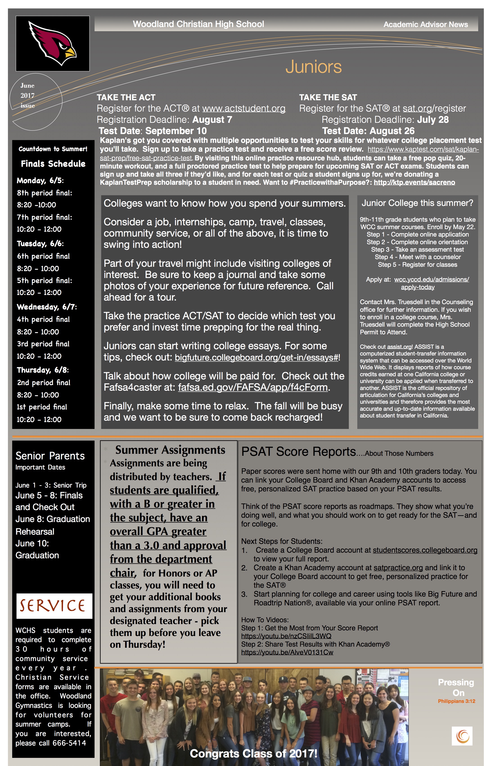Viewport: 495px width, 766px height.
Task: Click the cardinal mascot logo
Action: [52, 43]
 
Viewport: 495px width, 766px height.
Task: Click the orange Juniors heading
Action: [313, 67]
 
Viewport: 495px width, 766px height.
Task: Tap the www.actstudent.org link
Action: [244, 108]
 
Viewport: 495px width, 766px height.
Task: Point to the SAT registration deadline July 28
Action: [433, 120]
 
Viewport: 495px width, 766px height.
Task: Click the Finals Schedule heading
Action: [53, 164]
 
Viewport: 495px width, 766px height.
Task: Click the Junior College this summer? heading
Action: [417, 203]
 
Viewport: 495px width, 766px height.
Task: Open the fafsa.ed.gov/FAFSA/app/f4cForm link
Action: [253, 388]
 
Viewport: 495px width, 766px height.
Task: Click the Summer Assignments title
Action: [170, 450]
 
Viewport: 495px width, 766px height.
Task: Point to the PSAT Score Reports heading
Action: [298, 452]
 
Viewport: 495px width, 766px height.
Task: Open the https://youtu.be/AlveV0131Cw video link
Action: [287, 652]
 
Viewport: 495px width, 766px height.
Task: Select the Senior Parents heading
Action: [50, 456]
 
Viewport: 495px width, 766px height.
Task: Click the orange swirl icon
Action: [462, 736]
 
